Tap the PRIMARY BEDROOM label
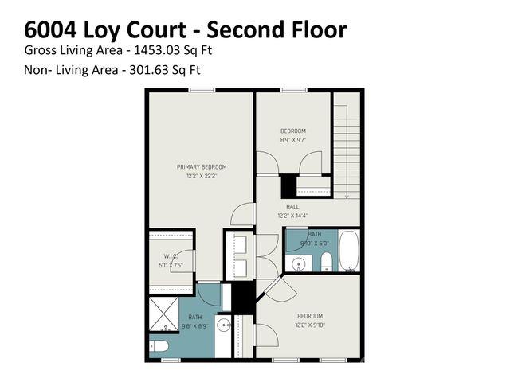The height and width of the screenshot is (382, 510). (x=201, y=166)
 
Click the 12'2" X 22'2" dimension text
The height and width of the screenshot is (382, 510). (x=201, y=176)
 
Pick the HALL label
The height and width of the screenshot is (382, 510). (x=292, y=205)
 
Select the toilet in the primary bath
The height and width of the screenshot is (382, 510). (x=159, y=346)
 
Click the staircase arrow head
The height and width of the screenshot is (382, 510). (x=347, y=194)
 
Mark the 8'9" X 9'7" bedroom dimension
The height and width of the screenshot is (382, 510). (x=292, y=140)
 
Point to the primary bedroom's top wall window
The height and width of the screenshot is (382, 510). (x=199, y=90)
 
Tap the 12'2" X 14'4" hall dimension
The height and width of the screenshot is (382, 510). (x=292, y=215)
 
